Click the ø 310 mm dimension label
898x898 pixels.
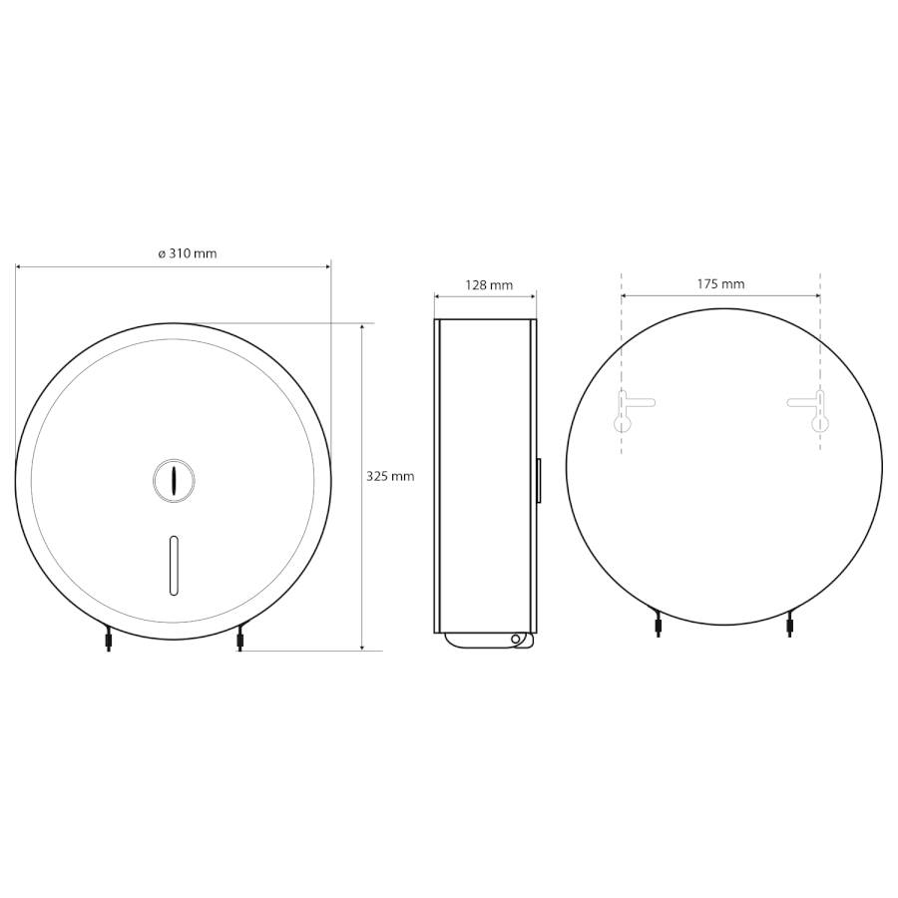188,253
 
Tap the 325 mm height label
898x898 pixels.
390,476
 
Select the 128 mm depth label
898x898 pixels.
489,284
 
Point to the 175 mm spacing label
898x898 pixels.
720,283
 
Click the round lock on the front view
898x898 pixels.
174,480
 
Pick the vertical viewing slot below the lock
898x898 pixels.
174,565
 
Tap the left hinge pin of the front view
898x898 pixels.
108,637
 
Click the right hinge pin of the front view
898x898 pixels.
239,637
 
